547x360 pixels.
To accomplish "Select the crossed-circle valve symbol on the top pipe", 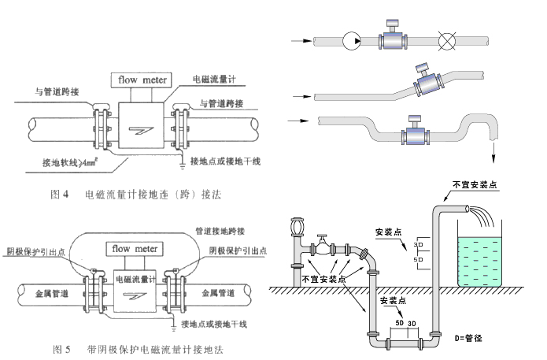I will coord(450,39).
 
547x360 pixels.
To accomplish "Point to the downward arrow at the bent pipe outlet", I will coord(493,150).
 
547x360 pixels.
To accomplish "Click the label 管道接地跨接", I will coord(220,230).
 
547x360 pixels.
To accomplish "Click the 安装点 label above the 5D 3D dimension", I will coord(394,302).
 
